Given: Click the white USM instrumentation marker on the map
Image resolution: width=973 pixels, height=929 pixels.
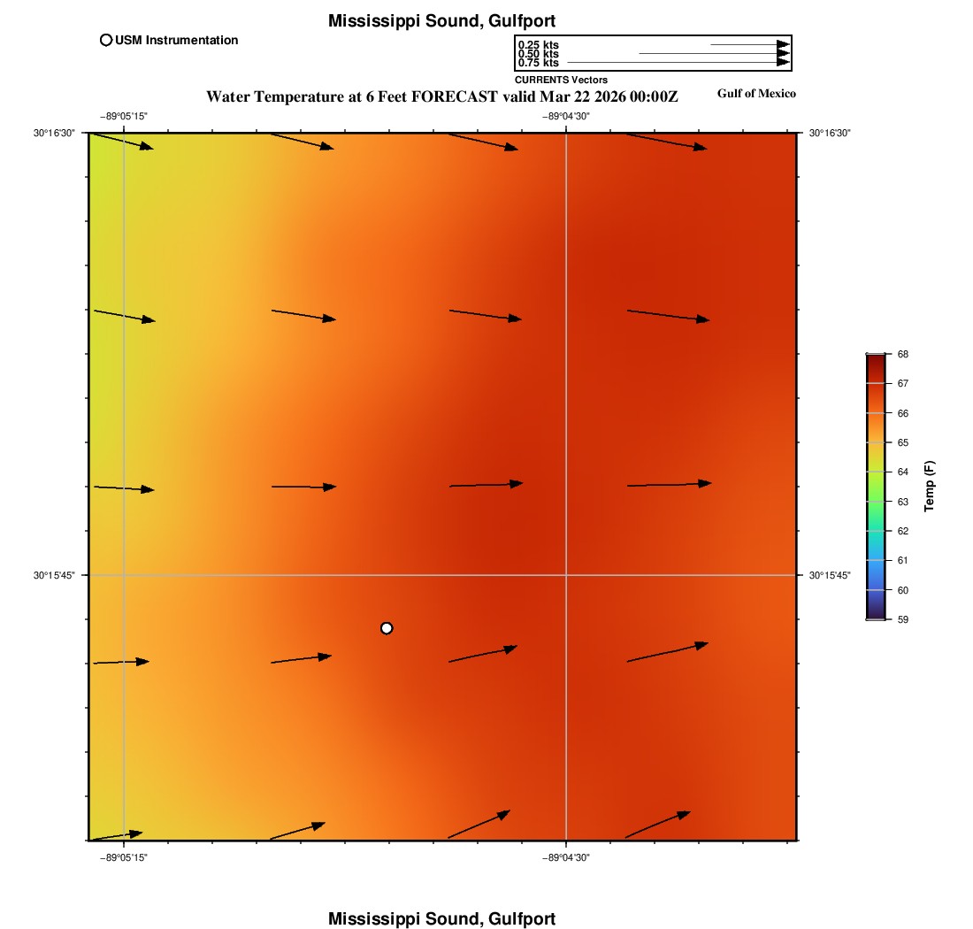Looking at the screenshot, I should pos(387,628).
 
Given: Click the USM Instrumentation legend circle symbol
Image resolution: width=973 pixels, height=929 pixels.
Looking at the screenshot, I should pos(106,40).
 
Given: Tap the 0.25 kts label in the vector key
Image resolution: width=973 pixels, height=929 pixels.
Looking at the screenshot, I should pos(538,45).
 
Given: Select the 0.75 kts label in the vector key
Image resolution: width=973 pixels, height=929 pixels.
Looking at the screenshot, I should pos(538,63).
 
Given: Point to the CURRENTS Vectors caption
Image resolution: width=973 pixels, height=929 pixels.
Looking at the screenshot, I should pos(561,81).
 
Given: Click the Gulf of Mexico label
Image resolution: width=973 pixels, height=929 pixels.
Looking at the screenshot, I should pos(756,94).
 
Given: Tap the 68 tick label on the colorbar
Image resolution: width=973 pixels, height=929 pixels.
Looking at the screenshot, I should pos(903,354).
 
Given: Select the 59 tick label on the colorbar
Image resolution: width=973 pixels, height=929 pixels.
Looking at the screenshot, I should pos(903,619).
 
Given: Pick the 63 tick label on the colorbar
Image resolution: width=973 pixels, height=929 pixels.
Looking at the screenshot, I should pos(903,502).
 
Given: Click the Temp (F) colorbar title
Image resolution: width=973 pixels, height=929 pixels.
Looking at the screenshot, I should pos(930,487).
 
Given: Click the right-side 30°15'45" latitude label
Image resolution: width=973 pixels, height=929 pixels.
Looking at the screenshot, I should pos(830,575).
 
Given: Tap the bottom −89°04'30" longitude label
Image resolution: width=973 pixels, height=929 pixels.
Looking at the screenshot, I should pos(566,857).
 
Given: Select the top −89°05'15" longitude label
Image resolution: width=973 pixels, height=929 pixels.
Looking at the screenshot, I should pos(123,116).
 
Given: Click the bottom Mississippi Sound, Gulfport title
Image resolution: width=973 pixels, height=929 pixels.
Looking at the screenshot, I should pos(441,918).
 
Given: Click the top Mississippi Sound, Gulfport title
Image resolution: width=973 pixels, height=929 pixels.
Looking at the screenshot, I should pos(441,20).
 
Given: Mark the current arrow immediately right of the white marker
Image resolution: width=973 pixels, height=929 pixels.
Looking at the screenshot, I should pos(483,654).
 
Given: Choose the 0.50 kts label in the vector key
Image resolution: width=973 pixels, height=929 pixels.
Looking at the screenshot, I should pos(538,54).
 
